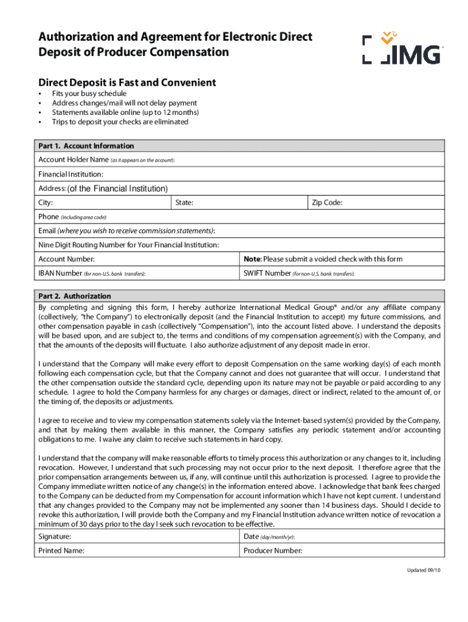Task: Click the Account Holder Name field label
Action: tap(74, 160)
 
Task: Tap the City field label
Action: tap(46, 203)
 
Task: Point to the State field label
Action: tap(184, 203)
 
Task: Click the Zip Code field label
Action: tap(327, 203)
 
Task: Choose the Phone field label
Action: tap(49, 217)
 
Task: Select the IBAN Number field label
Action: tap(60, 273)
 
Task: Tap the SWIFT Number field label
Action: tap(267, 273)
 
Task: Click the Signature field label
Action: tap(55, 537)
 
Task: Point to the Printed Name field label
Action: tap(61, 551)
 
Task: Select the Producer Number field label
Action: tap(273, 551)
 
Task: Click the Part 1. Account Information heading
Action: tap(86, 146)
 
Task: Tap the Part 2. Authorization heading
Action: tap(75, 296)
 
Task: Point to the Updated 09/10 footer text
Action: tap(424, 572)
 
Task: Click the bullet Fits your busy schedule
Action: tap(89, 94)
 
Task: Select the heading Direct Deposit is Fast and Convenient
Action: tap(127, 83)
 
